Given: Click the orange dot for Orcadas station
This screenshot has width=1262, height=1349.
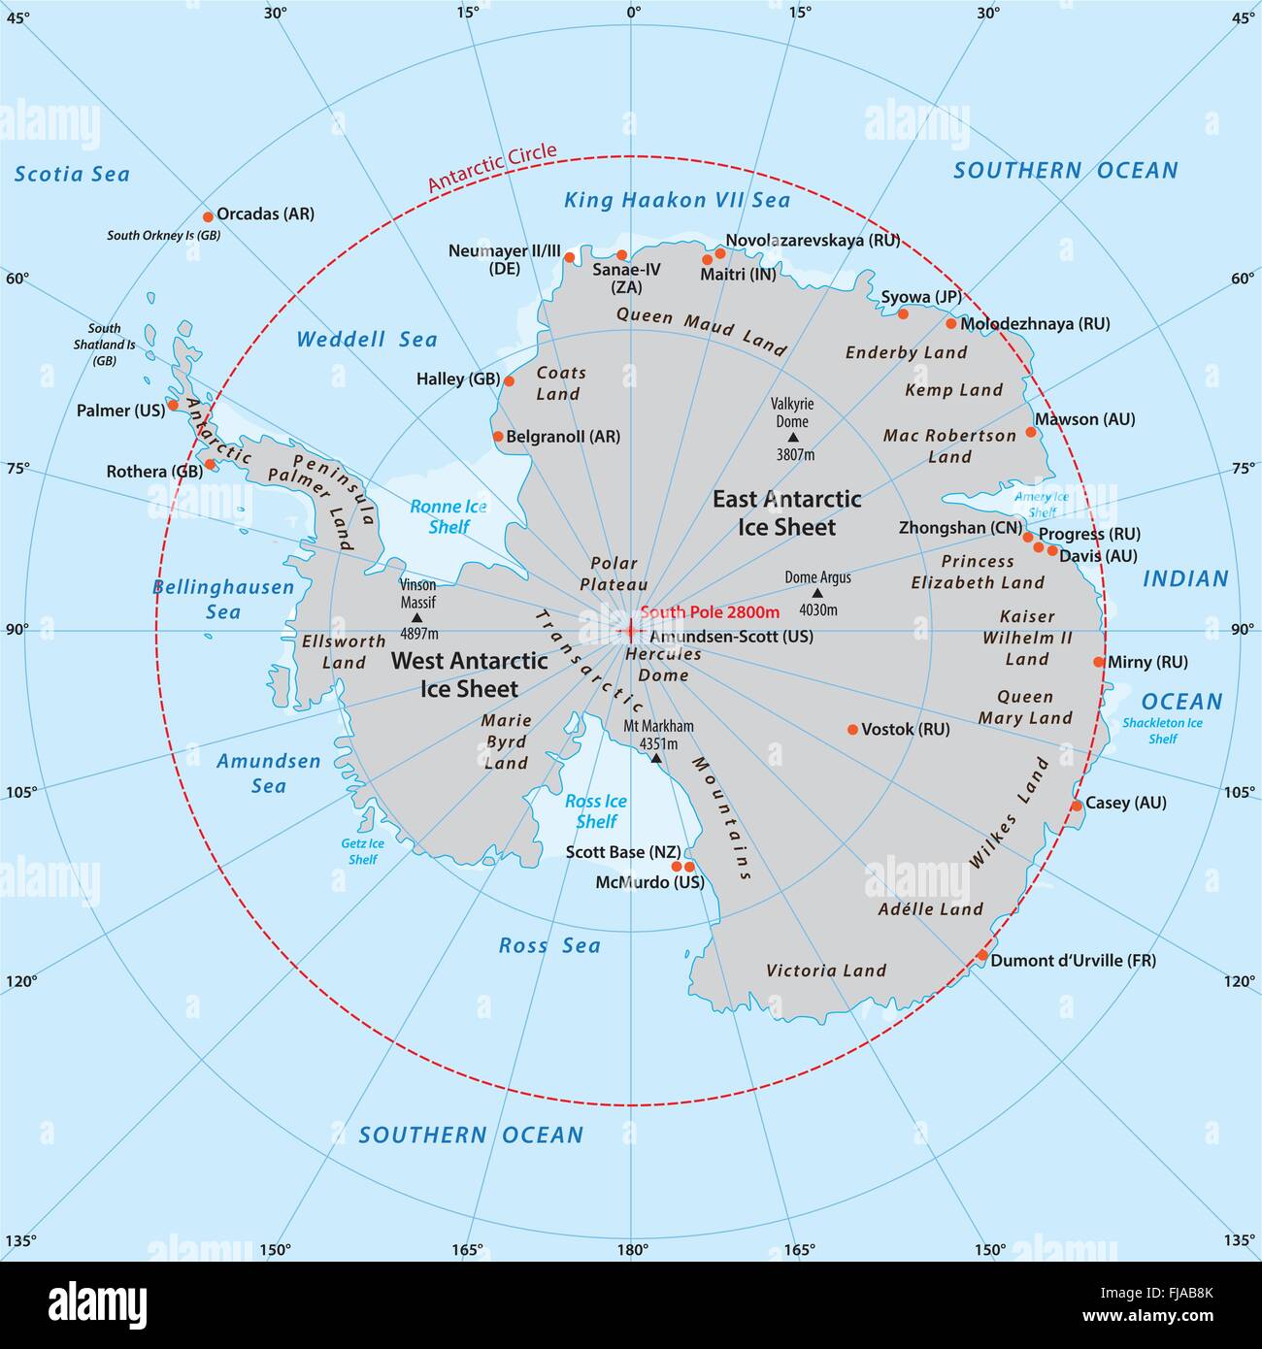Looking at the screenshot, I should pos(207,216).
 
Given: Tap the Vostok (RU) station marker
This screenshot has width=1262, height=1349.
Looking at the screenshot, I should pos(852,730).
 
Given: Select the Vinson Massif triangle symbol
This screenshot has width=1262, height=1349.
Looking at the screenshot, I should pos(416,617).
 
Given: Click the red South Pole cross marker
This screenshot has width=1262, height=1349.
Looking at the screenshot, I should pos(629,632).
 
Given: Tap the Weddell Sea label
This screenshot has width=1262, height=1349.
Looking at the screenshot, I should pos(366,340).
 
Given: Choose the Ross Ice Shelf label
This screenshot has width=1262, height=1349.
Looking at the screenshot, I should pos(596,811).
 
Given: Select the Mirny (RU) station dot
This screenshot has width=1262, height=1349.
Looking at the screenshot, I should pos(1099,662).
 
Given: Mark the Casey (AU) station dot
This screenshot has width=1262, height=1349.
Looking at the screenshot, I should pos(1076,806).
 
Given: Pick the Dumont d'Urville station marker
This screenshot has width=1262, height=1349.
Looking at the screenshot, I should pos(981,956).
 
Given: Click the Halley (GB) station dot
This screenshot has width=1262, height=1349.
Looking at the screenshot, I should pos(509,381).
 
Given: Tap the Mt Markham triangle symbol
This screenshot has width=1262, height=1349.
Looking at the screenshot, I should pos(655,757).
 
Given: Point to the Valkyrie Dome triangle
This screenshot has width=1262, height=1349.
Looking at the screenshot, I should pos(793,438).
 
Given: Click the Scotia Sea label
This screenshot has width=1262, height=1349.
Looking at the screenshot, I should pos(72,175).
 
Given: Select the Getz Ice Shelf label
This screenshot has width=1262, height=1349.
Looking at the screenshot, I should pos(362,851).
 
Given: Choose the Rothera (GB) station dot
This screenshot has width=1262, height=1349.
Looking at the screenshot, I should pos(210,464).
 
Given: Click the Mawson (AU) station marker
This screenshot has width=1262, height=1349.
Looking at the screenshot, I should pos(1031,432).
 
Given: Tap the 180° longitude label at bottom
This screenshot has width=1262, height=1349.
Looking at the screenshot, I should pos(632,1250).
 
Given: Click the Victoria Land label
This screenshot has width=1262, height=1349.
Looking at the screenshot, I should pos(826,971).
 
